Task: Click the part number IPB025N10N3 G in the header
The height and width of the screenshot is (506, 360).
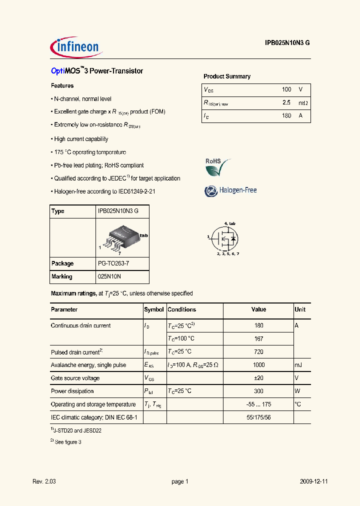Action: (287, 43)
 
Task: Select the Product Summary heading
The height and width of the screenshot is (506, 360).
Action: (227, 76)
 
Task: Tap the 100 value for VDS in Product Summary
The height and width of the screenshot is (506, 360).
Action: (286, 89)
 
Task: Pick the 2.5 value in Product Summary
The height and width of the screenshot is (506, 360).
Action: (286, 102)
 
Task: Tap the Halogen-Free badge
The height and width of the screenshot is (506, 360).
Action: (230, 190)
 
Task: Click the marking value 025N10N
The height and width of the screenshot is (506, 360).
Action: (109, 276)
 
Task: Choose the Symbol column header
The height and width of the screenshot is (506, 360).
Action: (154, 309)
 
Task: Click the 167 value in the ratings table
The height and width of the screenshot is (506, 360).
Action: (258, 338)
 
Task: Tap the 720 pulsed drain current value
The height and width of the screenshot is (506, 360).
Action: (258, 351)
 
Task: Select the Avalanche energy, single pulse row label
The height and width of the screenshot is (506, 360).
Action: (88, 365)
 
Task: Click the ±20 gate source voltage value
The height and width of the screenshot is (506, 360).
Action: (258, 378)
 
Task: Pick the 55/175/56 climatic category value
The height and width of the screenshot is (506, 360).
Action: (258, 417)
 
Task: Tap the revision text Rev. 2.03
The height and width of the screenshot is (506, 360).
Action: (44, 481)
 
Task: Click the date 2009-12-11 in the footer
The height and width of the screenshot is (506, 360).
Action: (313, 481)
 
